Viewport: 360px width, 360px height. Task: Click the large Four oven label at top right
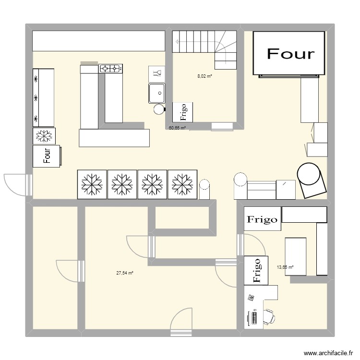coord(290,54)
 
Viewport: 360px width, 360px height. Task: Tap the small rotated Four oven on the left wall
coord(47,156)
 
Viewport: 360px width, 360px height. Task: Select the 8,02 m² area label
coord(204,76)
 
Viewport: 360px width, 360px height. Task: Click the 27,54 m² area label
coord(125,273)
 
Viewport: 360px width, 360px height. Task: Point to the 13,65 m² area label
coord(285,267)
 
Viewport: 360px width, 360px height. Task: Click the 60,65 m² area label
coord(177,128)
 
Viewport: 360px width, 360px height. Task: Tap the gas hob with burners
coord(110,69)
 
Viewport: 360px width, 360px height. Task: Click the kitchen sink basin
coord(157,93)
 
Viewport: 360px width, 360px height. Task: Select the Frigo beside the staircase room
coord(182,112)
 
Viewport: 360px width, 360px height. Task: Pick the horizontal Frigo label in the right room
coord(262,220)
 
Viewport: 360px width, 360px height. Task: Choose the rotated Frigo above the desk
coord(256,270)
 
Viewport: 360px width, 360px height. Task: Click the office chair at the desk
coord(269,317)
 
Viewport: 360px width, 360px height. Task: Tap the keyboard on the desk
coord(254,317)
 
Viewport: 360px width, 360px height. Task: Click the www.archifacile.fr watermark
coord(328,353)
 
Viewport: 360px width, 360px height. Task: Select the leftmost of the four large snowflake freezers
coord(92,184)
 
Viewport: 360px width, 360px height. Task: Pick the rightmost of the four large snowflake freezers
coord(182,184)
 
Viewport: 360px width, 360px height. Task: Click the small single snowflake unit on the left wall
coord(44,136)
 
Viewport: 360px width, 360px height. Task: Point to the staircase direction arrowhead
coord(177,42)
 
